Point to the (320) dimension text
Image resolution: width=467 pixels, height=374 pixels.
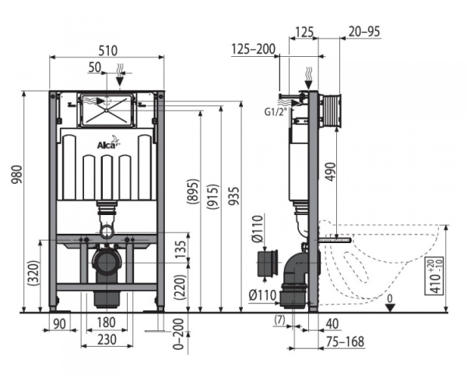(x=30, y=273)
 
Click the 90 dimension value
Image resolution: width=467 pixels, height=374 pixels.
(x=59, y=323)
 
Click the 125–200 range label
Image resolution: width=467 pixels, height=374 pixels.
(x=252, y=49)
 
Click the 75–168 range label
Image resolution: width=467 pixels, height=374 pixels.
(x=346, y=340)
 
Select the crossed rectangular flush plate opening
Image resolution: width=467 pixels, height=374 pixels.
(x=107, y=110)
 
